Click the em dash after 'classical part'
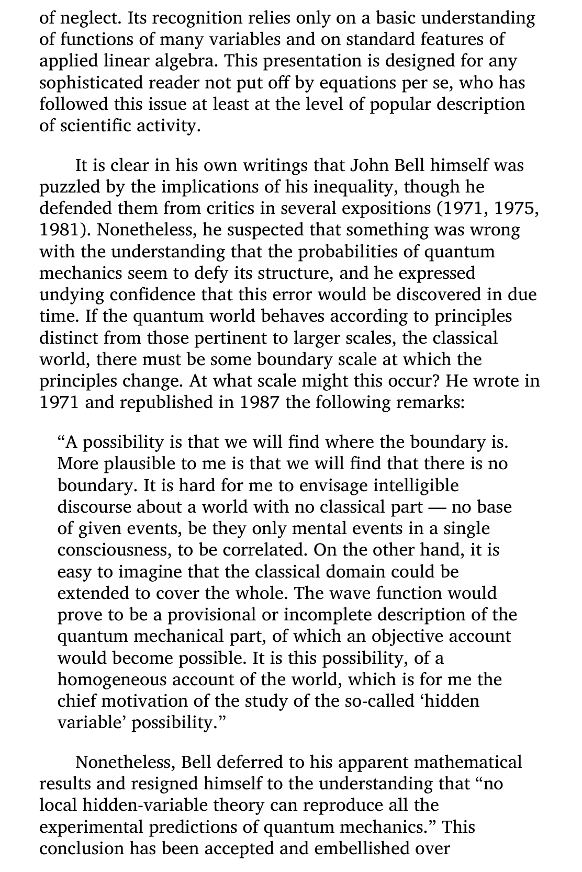pyautogui.click(x=436, y=507)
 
